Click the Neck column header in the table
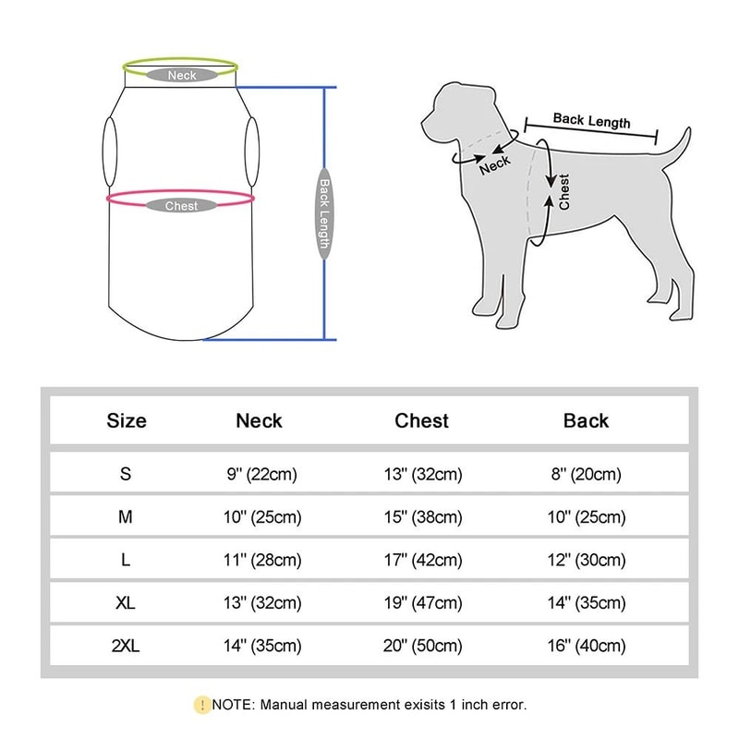259,421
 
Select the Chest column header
421,421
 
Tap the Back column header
586,421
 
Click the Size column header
127,421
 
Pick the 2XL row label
127,646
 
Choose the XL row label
127,603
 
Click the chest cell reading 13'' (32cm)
421,475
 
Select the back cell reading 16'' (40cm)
586,646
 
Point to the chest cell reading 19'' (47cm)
421,603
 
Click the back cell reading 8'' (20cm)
586,475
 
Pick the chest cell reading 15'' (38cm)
421,517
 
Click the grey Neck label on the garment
182,75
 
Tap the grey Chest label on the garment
181,206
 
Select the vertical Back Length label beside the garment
324,214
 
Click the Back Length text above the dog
591,120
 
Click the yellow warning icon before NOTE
201,705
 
